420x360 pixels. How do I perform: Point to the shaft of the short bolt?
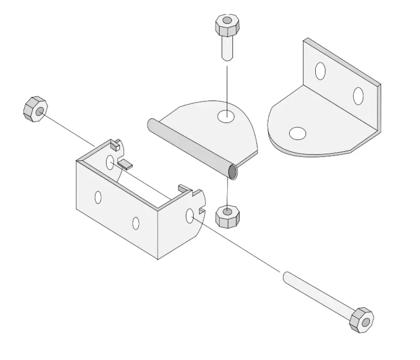(x=226, y=49)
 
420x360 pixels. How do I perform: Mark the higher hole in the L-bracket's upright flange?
(x=320, y=71)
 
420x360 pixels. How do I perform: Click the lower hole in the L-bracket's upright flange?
(x=358, y=95)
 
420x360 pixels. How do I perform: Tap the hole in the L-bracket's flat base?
(x=297, y=133)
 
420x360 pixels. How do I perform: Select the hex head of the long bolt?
(x=361, y=320)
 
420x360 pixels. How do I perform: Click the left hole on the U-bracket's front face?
(x=98, y=197)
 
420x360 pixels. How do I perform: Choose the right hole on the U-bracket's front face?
(x=136, y=223)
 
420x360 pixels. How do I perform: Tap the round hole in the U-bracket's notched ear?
(x=190, y=216)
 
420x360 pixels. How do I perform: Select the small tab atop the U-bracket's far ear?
(x=115, y=144)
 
